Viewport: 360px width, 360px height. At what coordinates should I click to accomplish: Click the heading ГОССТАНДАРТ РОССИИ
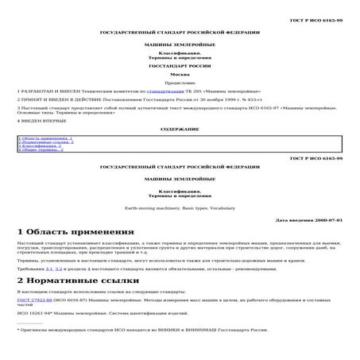(x=179, y=66)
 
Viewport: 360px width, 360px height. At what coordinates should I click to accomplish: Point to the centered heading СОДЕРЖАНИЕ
(x=179, y=128)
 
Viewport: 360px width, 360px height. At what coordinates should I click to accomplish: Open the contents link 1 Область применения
(x=46, y=138)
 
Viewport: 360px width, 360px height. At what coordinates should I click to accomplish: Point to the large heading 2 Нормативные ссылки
(x=78, y=281)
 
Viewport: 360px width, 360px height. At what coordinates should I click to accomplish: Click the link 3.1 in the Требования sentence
(x=48, y=270)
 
